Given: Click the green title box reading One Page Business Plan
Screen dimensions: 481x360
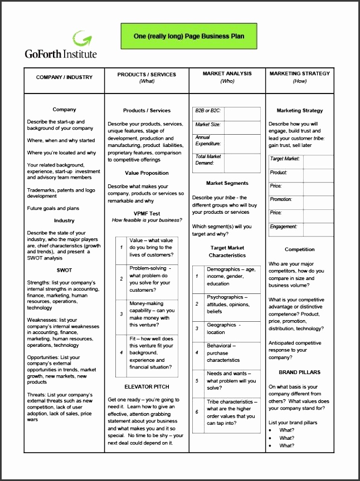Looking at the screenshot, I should coord(189,36).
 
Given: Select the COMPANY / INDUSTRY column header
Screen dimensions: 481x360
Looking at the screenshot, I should coord(64,77).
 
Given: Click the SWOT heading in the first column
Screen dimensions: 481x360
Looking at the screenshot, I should coord(64,271).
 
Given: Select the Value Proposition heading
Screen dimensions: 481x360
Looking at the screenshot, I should coord(147,173).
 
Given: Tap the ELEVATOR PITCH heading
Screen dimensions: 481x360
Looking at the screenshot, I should coord(147,386).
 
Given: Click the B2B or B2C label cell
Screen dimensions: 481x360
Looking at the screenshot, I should coord(208,111).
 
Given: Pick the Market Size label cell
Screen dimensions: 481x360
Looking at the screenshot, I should coord(208,125).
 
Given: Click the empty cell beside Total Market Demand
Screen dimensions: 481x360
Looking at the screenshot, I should coord(242,160).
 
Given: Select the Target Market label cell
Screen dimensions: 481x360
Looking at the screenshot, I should coord(285,159).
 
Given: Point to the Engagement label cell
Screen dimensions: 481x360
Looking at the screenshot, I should coord(284,227).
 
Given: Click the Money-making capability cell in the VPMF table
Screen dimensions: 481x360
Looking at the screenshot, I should coord(152,314).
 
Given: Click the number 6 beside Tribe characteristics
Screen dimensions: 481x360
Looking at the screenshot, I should coord(197,412).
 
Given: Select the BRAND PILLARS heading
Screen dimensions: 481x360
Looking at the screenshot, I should coord(300,372).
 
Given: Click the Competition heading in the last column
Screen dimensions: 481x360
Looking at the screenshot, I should coord(300,250).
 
